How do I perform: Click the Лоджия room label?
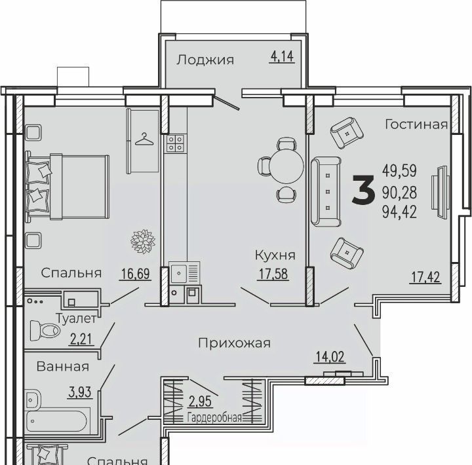pos(205,60)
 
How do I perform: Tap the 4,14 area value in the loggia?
pos(282,56)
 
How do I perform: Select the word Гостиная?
pos(416,124)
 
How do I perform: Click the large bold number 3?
pos(364,191)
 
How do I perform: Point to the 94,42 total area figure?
pos(399,212)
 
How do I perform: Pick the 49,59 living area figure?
pos(399,170)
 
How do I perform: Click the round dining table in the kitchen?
pos(286,166)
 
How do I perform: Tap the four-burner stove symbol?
pos(175,143)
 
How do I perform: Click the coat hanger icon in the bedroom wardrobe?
pos(144,139)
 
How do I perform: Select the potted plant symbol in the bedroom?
pos(143,241)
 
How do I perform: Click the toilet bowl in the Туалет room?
pos(45,331)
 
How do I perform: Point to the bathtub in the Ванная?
pos(57,421)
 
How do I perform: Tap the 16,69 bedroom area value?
pos(135,274)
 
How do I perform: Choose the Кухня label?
pos(275,255)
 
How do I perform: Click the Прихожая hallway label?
pos(235,343)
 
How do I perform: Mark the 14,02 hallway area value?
pos(330,357)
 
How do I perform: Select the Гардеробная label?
pos(214,418)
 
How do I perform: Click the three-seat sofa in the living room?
pos(326,192)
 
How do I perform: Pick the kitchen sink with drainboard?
pos(184,273)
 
